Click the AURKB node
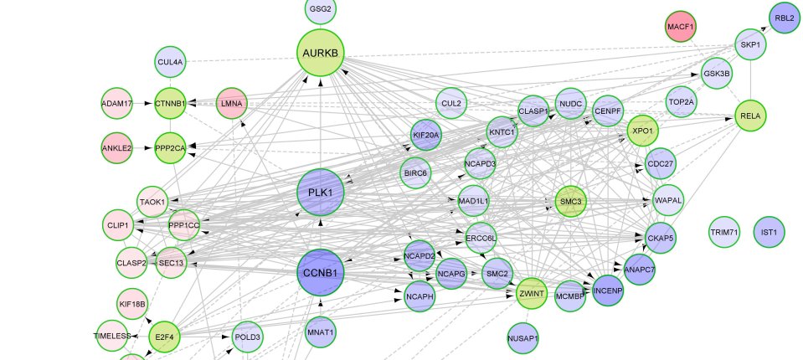[x=321, y=53]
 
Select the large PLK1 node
[x=321, y=193]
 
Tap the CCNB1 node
[x=321, y=273]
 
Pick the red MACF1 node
[x=682, y=28]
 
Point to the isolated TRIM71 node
[x=723, y=232]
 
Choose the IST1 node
[x=769, y=232]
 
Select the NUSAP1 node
[x=522, y=339]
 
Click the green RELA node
[x=750, y=116]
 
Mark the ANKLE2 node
[x=117, y=149]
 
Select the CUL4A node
[x=171, y=61]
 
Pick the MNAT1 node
[x=321, y=332]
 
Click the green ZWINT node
[x=530, y=294]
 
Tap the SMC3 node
[x=571, y=202]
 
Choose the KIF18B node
[x=132, y=304]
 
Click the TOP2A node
[x=682, y=103]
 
